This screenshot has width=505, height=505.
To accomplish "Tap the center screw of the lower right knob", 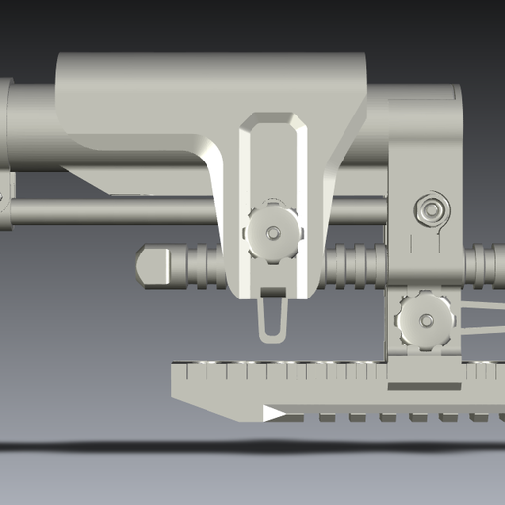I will (x=426, y=320).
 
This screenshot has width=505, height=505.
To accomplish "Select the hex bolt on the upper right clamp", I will (x=432, y=208).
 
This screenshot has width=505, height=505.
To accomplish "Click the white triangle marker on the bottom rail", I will (x=274, y=414).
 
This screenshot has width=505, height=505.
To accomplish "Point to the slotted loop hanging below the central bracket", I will (x=273, y=318).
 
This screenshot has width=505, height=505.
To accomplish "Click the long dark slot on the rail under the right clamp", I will (x=424, y=387).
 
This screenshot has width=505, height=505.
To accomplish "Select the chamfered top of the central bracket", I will (x=273, y=121).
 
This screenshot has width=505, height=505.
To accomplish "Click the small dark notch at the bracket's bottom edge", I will (x=273, y=292).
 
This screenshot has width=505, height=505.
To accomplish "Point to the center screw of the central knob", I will (x=273, y=233).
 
